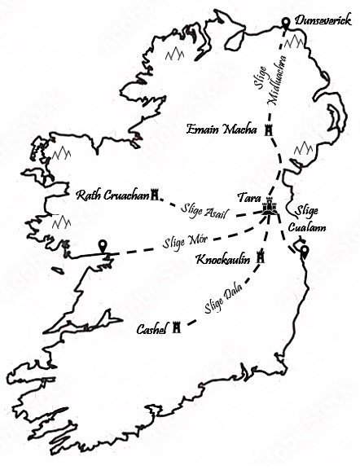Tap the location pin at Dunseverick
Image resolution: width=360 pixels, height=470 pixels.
tap(285, 24)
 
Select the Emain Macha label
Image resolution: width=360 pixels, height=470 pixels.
tap(222, 130)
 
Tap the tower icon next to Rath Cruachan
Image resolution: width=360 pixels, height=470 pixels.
tap(153, 195)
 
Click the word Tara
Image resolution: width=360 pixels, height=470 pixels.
tap(248, 198)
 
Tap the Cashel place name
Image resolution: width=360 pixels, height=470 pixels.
tap(152, 330)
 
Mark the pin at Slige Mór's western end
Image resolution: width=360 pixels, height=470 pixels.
tap(103, 247)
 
